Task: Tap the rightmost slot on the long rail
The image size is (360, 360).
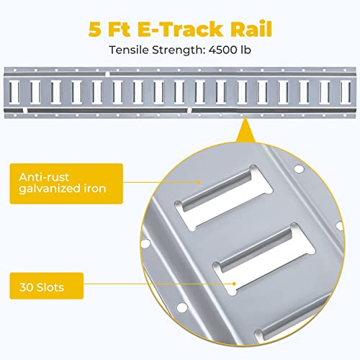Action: coord(346,91)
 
